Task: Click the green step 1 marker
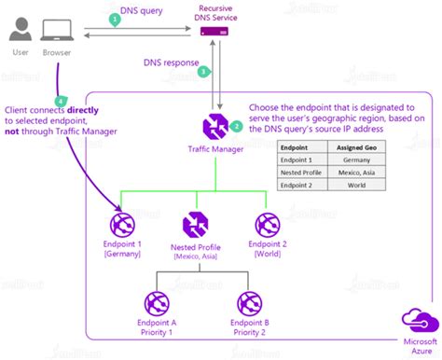point(115,18)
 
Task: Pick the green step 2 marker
point(237,125)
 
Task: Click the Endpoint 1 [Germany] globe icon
point(122,223)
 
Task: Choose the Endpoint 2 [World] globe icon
point(268,223)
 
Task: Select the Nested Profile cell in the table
point(303,173)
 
